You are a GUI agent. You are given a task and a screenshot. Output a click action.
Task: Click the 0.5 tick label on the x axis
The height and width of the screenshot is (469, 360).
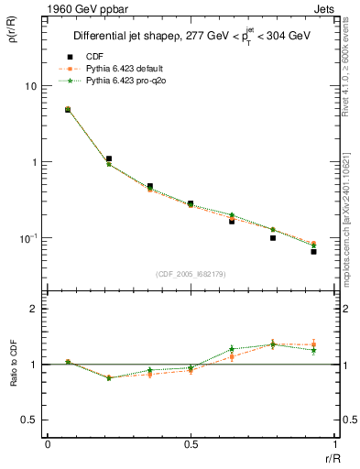(x=190, y=444)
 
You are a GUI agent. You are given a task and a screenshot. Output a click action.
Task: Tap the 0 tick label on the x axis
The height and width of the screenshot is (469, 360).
(x=48, y=444)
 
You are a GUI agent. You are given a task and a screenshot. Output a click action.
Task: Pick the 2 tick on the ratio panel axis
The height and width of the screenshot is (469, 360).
(x=33, y=309)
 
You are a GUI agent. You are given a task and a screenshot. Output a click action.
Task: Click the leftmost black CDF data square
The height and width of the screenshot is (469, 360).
(x=68, y=110)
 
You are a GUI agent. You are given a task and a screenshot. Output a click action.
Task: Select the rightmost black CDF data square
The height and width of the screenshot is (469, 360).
(x=313, y=251)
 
